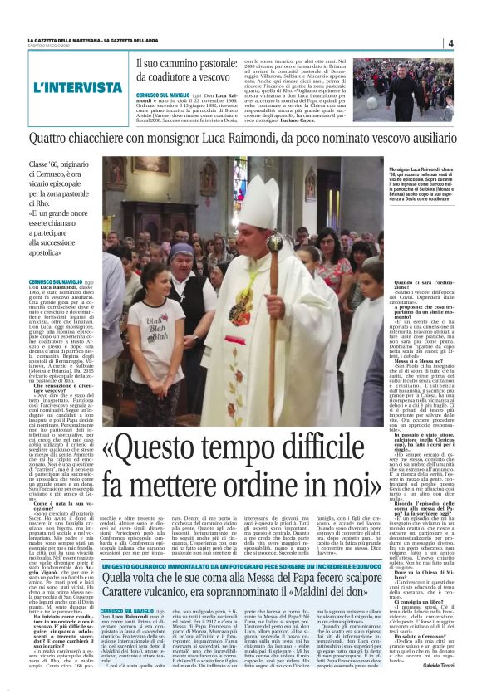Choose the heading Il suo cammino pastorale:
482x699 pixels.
[x=188, y=63]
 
